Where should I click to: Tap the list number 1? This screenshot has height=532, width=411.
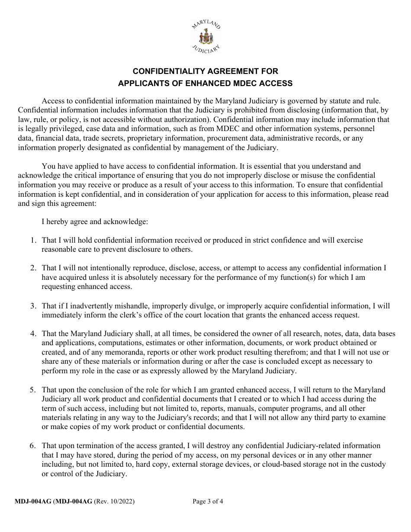pyautogui.click(x=33, y=240)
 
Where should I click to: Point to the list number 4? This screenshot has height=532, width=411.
pyautogui.click(x=33, y=333)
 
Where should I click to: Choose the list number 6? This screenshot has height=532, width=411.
pyautogui.click(x=33, y=445)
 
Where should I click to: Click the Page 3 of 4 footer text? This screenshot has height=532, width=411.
pyautogui.click(x=208, y=502)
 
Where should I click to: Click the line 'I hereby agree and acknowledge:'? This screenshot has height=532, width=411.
pyautogui.click(x=95, y=221)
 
